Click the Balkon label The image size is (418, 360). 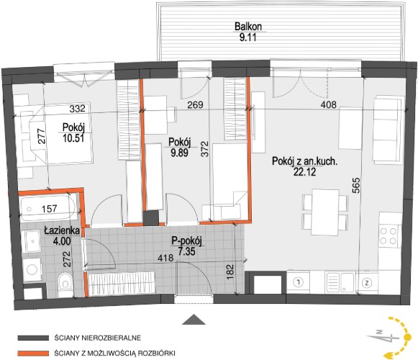click(x=248, y=27)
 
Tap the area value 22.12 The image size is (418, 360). click(x=305, y=172)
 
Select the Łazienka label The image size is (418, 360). click(x=62, y=230)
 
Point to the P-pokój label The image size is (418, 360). click(x=186, y=241)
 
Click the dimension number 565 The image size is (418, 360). click(x=356, y=186)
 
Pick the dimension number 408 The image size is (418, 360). click(x=328, y=104)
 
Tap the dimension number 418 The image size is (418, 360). click(x=165, y=258)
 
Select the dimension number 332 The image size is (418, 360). click(x=77, y=108)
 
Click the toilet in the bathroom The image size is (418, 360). click(x=65, y=284)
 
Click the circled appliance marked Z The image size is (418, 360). click(x=367, y=283)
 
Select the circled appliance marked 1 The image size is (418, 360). click(x=299, y=282)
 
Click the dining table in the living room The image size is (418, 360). click(x=325, y=212)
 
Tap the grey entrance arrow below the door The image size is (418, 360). click(x=194, y=319)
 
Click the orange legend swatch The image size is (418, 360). click(x=33, y=354)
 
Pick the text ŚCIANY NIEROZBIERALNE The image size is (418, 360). click(x=98, y=338)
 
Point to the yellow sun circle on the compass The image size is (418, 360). click(x=407, y=337)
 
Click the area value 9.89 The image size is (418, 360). click(x=180, y=153)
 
